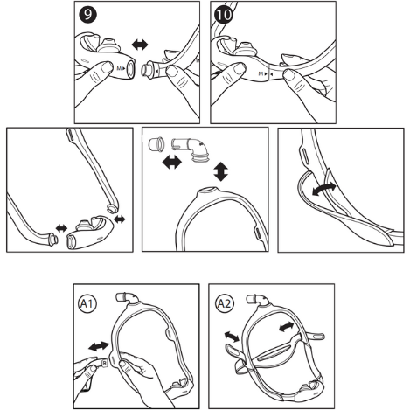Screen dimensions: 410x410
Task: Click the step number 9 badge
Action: pos(87,16)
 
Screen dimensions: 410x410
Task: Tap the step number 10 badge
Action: pos(225,16)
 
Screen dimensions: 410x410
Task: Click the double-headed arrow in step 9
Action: pos(137,44)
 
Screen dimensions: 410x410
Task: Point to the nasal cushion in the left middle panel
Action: pos(94,229)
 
